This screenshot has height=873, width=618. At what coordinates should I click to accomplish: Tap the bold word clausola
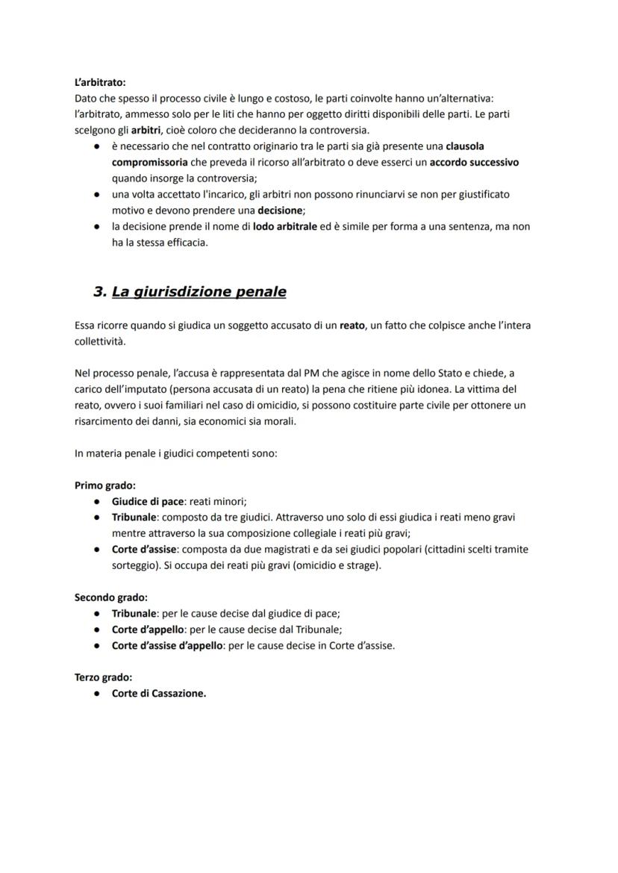click(465, 146)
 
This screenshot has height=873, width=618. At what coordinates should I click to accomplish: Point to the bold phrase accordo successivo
click(474, 162)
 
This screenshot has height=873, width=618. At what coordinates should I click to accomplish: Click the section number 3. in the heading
click(100, 292)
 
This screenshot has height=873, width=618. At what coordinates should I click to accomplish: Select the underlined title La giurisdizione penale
click(199, 292)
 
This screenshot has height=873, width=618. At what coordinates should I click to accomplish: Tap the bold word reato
click(352, 325)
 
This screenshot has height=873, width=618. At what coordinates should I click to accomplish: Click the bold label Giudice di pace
click(147, 501)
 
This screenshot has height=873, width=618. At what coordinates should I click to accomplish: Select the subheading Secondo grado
click(111, 597)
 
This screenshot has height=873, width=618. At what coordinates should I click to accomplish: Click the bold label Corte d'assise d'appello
click(167, 645)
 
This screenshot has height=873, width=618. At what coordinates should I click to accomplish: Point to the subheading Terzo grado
click(104, 677)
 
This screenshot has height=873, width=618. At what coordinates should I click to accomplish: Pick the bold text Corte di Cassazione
click(159, 693)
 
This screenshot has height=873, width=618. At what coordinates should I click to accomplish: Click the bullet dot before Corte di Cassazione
click(98, 693)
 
